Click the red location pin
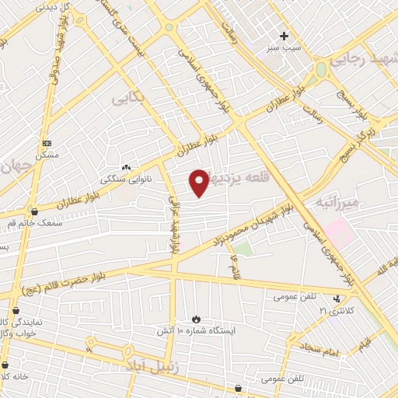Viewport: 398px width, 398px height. pos(200,181)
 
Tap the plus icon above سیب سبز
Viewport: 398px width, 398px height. pos(284,36)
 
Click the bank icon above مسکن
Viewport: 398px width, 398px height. pos(47,144)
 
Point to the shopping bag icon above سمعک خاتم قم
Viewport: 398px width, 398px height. pos(33,211)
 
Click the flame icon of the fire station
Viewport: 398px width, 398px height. pos(196,318)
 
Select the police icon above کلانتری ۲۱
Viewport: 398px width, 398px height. pos(337,298)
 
